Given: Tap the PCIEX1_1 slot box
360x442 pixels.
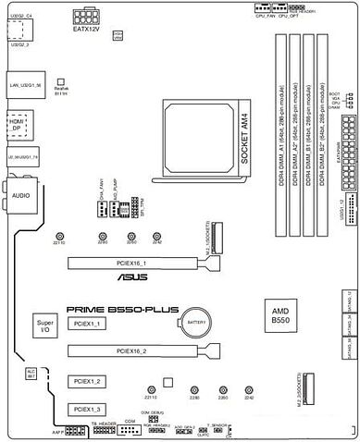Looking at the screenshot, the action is point(91,325).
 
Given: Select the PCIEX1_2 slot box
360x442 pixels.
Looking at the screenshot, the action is point(91,381).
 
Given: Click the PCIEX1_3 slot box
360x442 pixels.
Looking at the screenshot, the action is point(91,409).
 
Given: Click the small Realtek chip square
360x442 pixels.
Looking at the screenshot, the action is point(62,82).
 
